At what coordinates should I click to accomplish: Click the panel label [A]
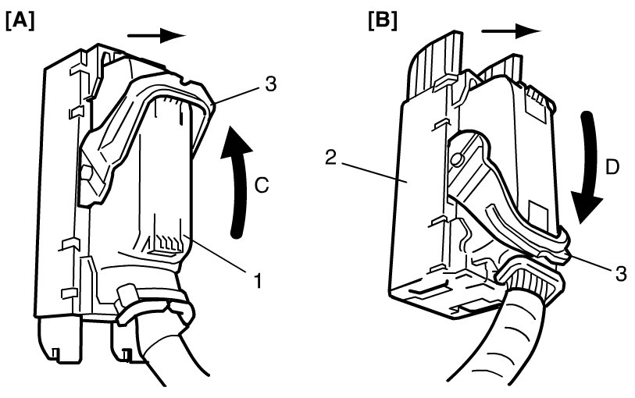[x=19, y=20]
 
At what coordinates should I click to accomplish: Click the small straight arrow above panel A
[x=156, y=35]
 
